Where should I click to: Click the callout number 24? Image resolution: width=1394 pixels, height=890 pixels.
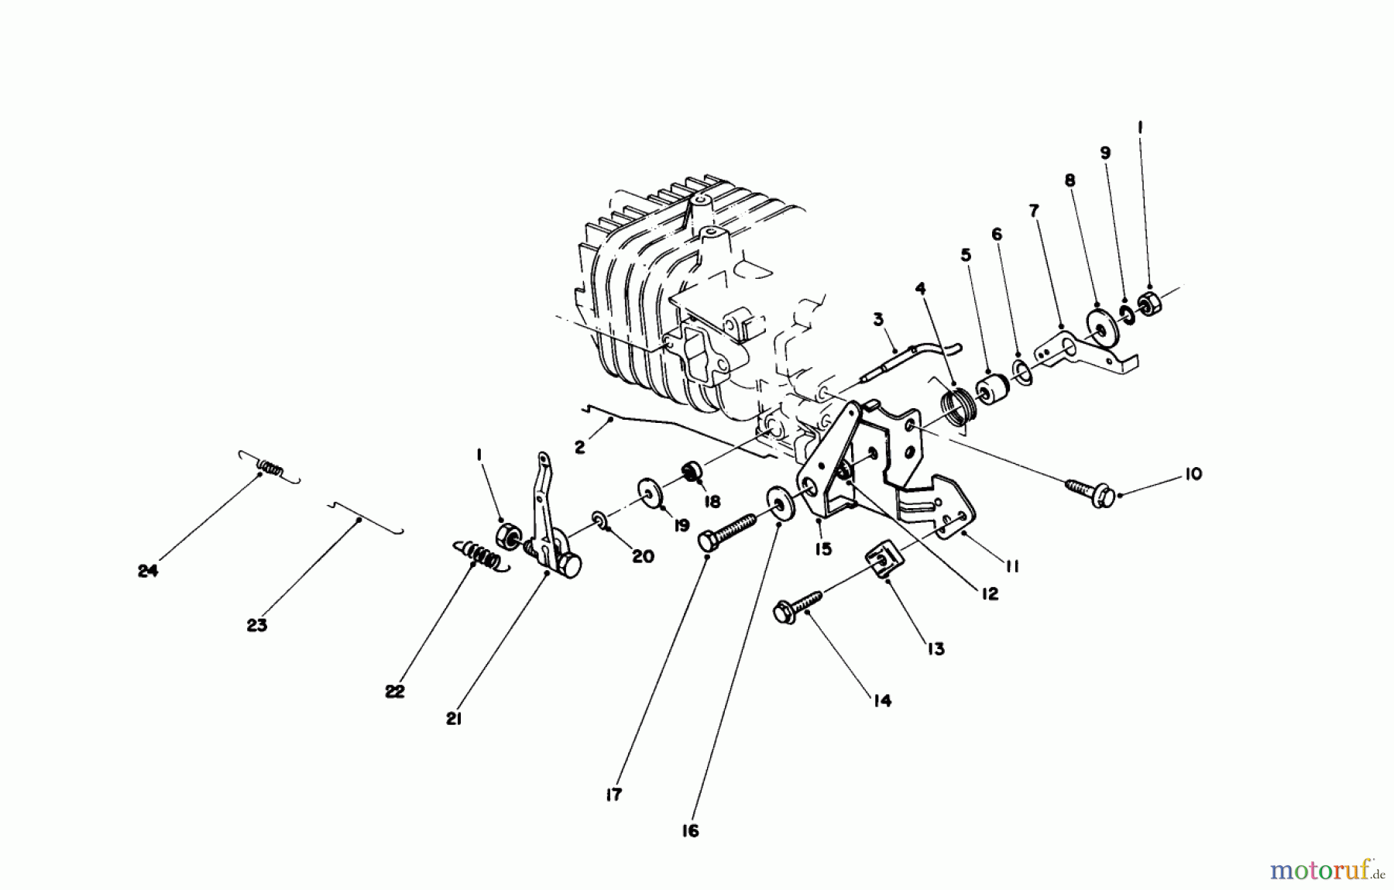click(x=147, y=571)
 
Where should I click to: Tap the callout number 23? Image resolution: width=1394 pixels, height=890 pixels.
click(x=256, y=624)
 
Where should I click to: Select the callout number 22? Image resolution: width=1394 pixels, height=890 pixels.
click(x=394, y=692)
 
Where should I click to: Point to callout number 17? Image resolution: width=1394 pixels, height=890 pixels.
click(x=613, y=795)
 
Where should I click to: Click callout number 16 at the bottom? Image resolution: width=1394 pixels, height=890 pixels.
click(x=690, y=831)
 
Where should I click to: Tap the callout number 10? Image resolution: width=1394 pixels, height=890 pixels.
click(x=1193, y=474)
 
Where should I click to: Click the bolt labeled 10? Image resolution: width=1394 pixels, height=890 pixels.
click(x=1091, y=493)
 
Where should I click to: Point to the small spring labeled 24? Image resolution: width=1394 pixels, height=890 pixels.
click(x=269, y=468)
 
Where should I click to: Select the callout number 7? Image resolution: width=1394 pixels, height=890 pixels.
click(x=1033, y=211)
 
